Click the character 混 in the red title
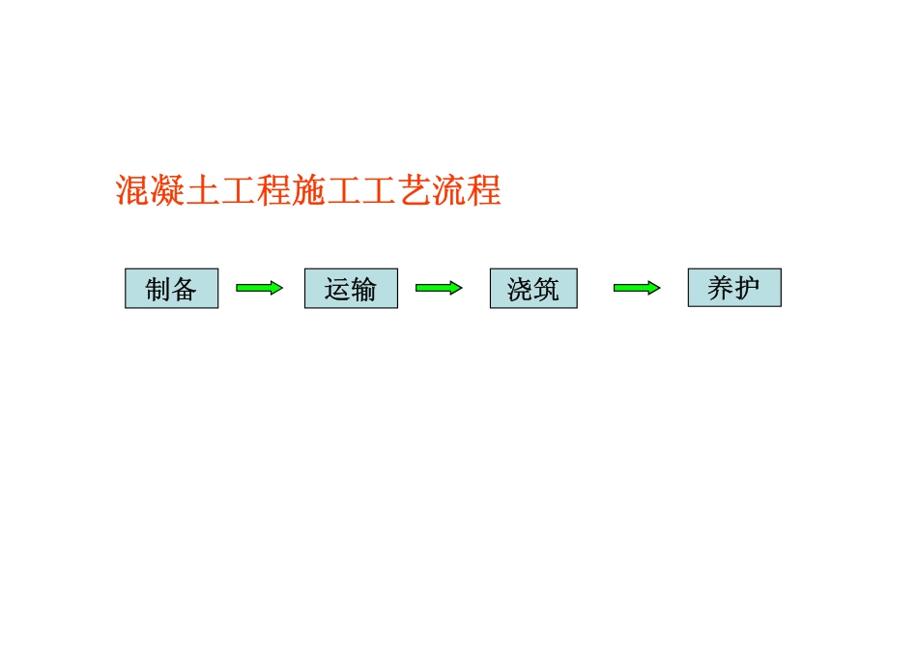click(x=133, y=190)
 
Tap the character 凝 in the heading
click(x=168, y=190)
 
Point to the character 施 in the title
click(x=308, y=190)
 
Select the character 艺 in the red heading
click(x=414, y=190)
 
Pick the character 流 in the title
click(x=449, y=190)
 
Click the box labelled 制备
click(x=172, y=288)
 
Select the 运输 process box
click(x=352, y=288)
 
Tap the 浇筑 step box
click(x=534, y=288)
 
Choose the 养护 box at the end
click(x=734, y=288)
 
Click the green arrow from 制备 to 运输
click(x=259, y=288)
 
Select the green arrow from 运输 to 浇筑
click(x=439, y=288)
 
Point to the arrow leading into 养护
click(x=637, y=288)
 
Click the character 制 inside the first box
click(x=158, y=289)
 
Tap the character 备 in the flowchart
click(x=184, y=289)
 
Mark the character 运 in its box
click(x=338, y=289)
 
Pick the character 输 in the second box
click(x=363, y=289)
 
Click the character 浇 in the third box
click(x=520, y=289)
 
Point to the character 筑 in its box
click(x=546, y=289)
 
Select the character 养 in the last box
click(x=721, y=288)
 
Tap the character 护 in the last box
click(x=747, y=288)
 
